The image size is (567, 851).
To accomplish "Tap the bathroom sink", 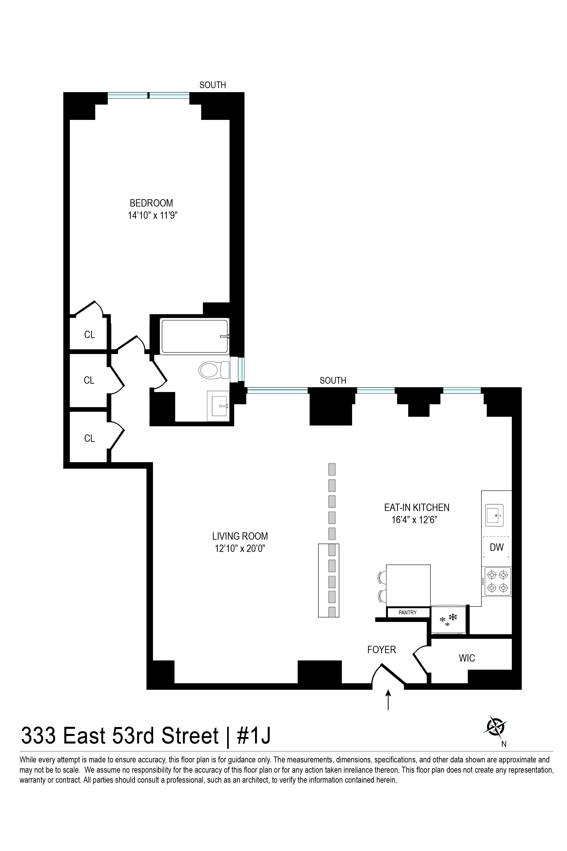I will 218,406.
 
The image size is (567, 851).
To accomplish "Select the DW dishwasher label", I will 497,547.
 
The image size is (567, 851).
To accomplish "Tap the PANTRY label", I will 408,613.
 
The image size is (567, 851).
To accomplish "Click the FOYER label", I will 382,650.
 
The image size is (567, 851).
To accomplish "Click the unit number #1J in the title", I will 253,736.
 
